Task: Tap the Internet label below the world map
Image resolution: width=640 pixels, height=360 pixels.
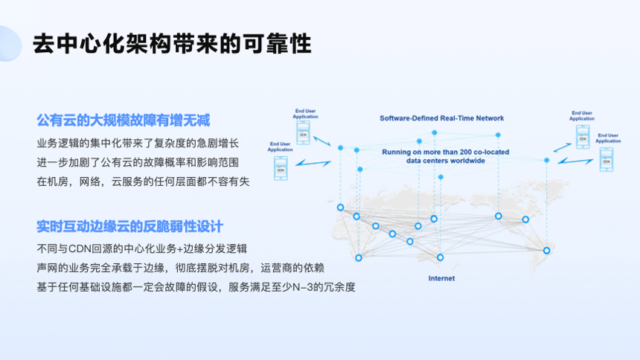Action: point(441,278)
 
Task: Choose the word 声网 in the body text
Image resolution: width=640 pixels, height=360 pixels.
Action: point(46,267)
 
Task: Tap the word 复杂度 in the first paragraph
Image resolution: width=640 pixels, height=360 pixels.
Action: point(173,142)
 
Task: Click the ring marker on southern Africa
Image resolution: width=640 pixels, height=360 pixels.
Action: point(440,257)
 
